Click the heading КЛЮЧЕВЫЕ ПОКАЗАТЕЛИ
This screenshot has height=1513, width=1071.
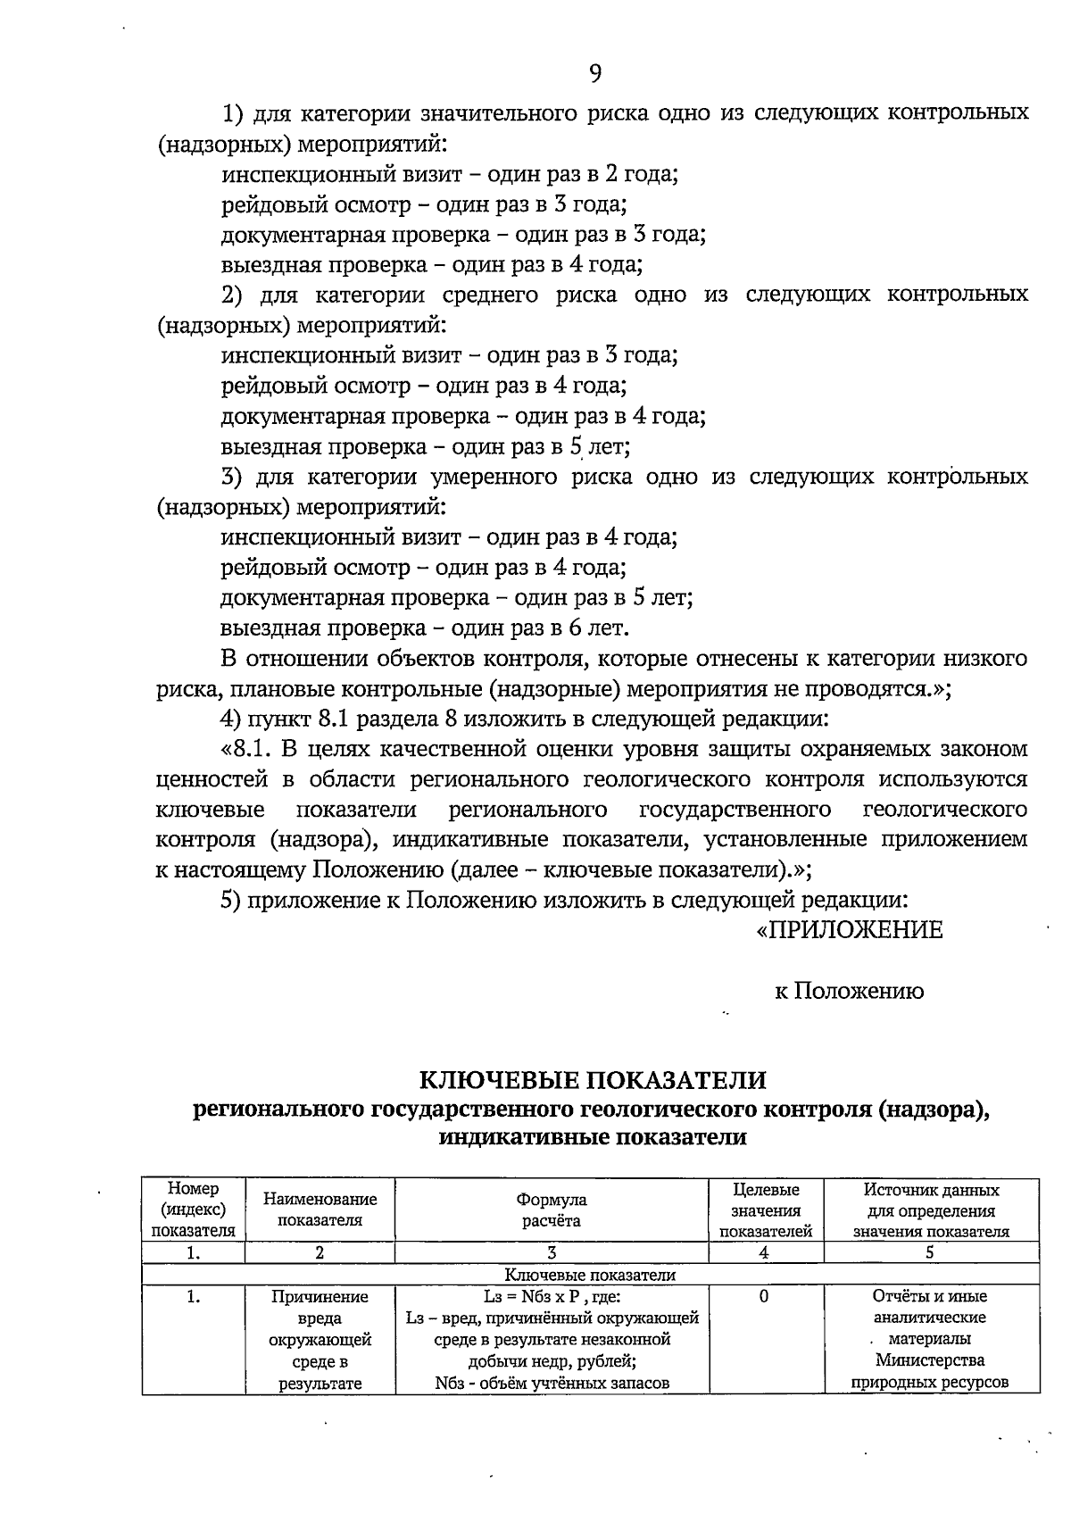tap(593, 1080)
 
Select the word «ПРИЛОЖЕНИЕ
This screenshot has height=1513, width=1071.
tap(849, 930)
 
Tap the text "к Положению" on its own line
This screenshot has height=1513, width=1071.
tap(849, 991)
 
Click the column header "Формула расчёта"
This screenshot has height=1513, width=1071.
tap(551, 1210)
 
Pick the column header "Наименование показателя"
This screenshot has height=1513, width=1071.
tap(320, 1210)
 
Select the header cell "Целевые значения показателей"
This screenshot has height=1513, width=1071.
tap(765, 1210)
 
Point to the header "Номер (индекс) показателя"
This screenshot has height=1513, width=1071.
tap(193, 1210)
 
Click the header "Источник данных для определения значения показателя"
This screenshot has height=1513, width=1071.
tap(930, 1210)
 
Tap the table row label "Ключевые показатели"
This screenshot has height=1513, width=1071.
tap(590, 1275)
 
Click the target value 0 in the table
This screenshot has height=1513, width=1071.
tap(765, 1297)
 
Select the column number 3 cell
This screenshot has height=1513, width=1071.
tap(551, 1252)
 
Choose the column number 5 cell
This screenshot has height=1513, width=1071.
tap(930, 1252)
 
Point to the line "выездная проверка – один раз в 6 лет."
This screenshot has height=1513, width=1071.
tap(426, 628)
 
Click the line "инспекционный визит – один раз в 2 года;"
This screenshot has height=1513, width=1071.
tap(450, 174)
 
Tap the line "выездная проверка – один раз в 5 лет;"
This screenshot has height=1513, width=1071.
tap(427, 446)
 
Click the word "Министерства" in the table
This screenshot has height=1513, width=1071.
tap(930, 1361)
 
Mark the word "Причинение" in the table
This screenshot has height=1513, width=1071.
tap(320, 1297)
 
